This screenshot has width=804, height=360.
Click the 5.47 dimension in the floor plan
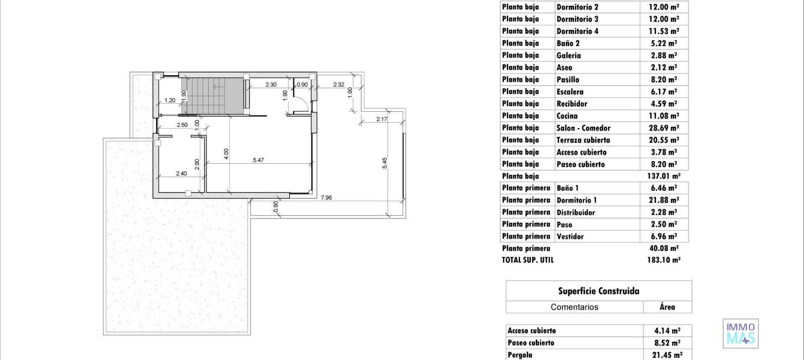(x=258, y=160)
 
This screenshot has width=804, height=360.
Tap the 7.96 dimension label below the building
(x=326, y=198)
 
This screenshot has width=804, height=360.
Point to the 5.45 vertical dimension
(x=385, y=163)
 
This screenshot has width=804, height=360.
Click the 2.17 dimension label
(x=381, y=119)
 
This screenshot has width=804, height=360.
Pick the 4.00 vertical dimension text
(x=226, y=154)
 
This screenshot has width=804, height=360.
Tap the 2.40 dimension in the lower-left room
(x=181, y=173)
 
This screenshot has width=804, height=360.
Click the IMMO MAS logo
(x=740, y=333)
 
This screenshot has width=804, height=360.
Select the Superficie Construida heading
(x=598, y=291)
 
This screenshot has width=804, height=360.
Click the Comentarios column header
(x=574, y=307)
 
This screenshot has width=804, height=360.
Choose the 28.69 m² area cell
(x=664, y=128)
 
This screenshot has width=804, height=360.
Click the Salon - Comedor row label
(x=583, y=128)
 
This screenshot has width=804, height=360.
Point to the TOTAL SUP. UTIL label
(x=528, y=260)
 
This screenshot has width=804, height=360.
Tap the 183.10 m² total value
(x=664, y=260)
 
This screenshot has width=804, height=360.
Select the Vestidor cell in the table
(x=570, y=237)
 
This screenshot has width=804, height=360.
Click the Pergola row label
(x=520, y=355)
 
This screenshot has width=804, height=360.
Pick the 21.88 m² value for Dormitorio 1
(x=664, y=200)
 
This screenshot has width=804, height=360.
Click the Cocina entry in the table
(x=567, y=116)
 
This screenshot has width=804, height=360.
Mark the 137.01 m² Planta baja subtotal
(x=664, y=176)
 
